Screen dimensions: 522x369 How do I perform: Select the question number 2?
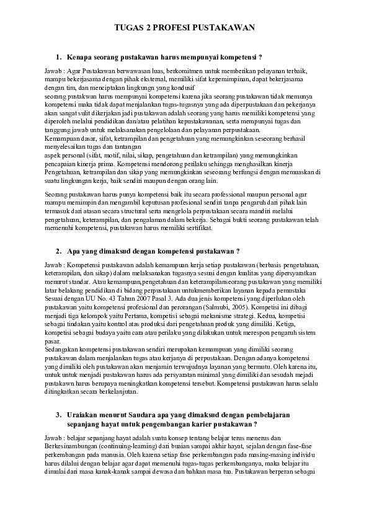coord(58,251)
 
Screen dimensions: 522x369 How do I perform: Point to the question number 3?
coord(58,414)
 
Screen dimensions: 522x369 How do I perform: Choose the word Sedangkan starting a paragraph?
coord(61,350)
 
